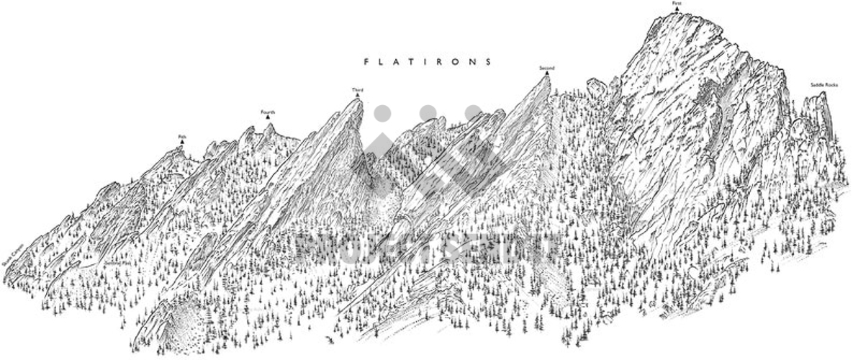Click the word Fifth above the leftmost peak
(x=181, y=136)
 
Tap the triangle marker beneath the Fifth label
(x=181, y=142)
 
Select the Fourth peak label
(x=268, y=112)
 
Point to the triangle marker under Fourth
(x=268, y=117)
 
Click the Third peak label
(x=357, y=90)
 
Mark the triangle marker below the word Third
(x=357, y=96)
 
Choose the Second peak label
(x=547, y=68)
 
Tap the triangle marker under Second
(x=547, y=73)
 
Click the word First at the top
(x=677, y=4)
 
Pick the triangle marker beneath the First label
(x=677, y=9)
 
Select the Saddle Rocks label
(x=824, y=85)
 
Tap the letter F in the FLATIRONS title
(x=366, y=62)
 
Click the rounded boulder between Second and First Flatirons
(x=597, y=88)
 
